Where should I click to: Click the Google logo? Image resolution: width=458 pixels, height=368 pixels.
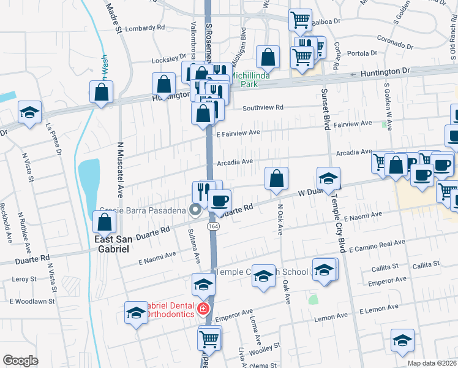[20, 361]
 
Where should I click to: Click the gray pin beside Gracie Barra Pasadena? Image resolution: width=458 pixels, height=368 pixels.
[196, 210]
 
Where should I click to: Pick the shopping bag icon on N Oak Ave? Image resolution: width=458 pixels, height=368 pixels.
[277, 178]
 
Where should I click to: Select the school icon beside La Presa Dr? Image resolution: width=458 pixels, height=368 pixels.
[29, 112]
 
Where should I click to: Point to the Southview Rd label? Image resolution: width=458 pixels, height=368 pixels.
[263, 107]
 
